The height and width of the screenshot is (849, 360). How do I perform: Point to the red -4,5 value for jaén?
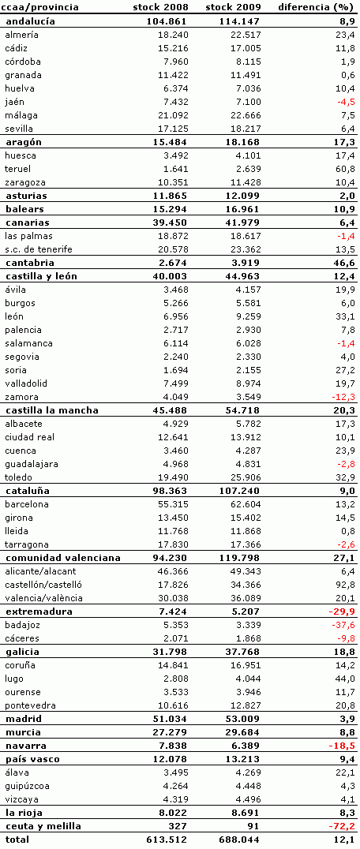tap(346, 102)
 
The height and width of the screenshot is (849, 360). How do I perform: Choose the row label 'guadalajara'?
tap(31, 463)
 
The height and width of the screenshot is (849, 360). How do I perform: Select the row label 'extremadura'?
tap(39, 612)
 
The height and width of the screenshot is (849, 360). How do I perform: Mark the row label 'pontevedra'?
tap(30, 705)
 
